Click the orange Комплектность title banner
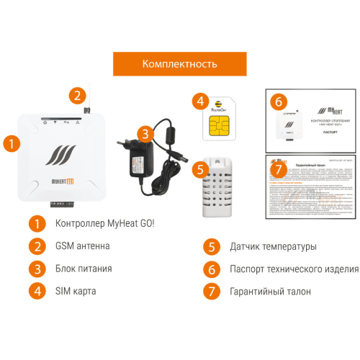[179, 63]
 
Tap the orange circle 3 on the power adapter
[145, 134]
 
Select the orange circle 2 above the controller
[77, 94]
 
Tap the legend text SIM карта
[76, 291]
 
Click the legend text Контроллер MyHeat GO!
[105, 223]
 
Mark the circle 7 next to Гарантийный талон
[210, 291]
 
